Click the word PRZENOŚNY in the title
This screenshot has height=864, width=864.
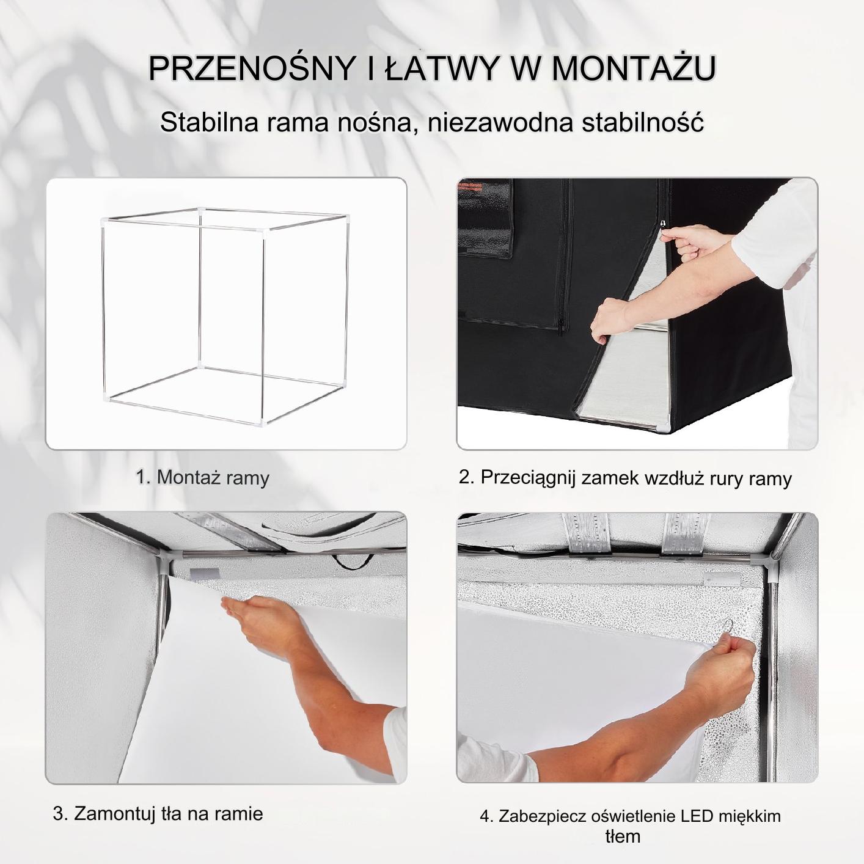point(251,68)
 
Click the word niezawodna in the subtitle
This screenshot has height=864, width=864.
point(500,122)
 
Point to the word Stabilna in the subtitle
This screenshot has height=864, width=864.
point(210,122)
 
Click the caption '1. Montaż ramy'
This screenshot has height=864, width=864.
point(202,477)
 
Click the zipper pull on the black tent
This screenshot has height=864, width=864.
point(663,225)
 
